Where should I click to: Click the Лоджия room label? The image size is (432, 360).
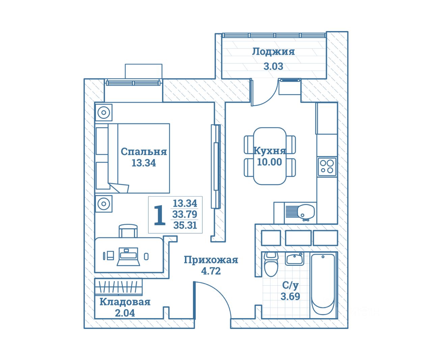pyautogui.click(x=273, y=52)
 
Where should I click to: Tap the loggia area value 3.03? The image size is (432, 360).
pyautogui.click(x=273, y=66)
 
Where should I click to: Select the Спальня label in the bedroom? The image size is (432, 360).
pyautogui.click(x=144, y=152)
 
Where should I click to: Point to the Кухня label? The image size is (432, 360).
pyautogui.click(x=269, y=151)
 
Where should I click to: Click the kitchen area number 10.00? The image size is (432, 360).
pyautogui.click(x=269, y=162)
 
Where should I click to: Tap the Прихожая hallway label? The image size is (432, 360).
pyautogui.click(x=211, y=260)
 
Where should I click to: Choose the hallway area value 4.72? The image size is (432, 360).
pyautogui.click(x=211, y=271)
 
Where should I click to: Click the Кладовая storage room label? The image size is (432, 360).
pyautogui.click(x=125, y=302)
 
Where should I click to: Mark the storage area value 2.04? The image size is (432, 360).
pyautogui.click(x=125, y=313)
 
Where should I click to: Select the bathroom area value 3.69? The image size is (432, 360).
pyautogui.click(x=290, y=297)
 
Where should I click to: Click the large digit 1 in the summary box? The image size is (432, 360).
pyautogui.click(x=159, y=215)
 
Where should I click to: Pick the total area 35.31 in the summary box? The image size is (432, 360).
pyautogui.click(x=185, y=225)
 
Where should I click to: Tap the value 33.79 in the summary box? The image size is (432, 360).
pyautogui.click(x=185, y=214)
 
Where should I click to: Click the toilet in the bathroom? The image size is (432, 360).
pyautogui.click(x=271, y=265)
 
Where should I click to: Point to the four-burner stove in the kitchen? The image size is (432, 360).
pyautogui.click(x=327, y=166)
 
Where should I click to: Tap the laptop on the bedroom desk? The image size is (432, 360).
pyautogui.click(x=128, y=257)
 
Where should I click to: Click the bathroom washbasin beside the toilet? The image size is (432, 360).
pyautogui.click(x=294, y=259)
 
